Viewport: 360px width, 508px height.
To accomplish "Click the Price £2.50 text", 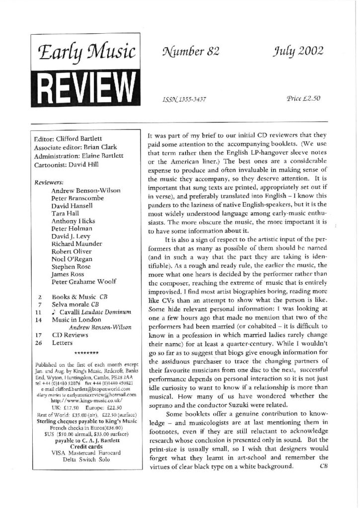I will tap(303, 98).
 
